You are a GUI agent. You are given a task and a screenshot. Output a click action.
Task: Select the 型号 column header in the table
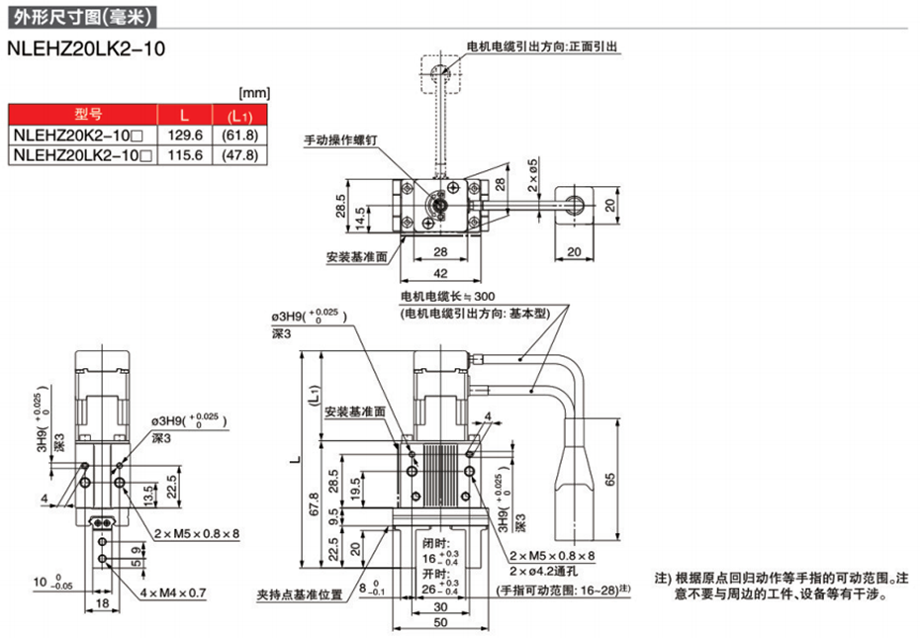(82, 114)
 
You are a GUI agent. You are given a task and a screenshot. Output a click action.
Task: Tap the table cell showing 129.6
(183, 135)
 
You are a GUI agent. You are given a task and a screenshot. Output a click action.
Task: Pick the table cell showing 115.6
(183, 155)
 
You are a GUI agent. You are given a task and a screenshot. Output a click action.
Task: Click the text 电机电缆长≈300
(447, 296)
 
